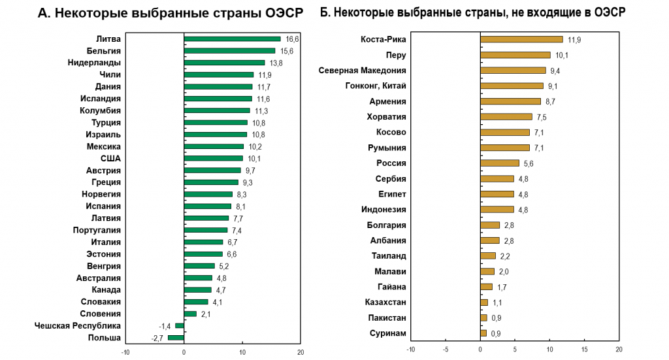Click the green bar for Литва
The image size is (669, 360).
click(x=232, y=39)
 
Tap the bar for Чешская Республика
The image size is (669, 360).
click(x=180, y=325)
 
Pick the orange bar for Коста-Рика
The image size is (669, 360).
click(x=521, y=39)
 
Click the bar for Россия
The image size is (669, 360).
click(x=500, y=163)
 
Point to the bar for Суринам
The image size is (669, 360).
click(x=483, y=334)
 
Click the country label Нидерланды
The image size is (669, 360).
click(x=94, y=63)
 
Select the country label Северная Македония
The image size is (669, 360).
click(x=362, y=71)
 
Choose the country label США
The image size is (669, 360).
click(x=110, y=158)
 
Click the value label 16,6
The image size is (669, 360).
click(x=291, y=39)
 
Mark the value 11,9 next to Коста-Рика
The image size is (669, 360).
click(x=574, y=40)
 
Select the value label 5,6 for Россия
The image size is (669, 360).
click(x=529, y=164)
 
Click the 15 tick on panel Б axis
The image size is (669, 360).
click(x=584, y=350)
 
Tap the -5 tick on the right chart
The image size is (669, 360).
click(x=446, y=350)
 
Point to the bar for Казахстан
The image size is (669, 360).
click(x=484, y=303)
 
